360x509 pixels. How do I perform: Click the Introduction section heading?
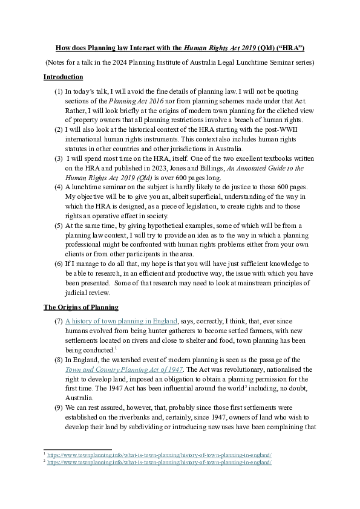tap(64, 77)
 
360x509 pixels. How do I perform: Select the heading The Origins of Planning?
tap(80, 308)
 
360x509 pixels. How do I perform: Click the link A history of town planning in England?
tap(121, 320)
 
